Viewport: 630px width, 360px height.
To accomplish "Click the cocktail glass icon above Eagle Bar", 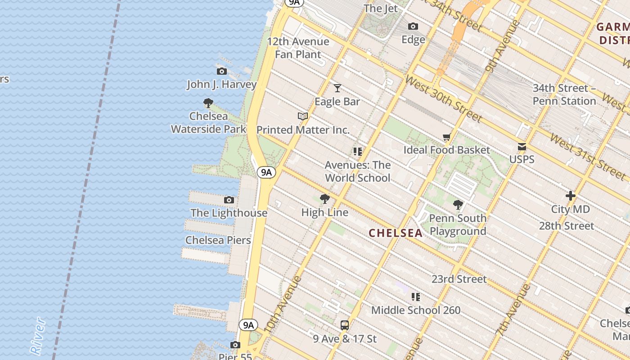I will (x=337, y=88).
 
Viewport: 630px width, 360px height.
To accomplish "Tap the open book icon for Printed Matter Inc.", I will (x=303, y=116).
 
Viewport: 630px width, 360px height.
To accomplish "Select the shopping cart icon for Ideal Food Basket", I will (x=446, y=137).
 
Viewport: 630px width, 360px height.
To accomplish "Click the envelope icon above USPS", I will (x=522, y=146).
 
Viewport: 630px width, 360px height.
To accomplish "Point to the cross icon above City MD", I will (x=571, y=196).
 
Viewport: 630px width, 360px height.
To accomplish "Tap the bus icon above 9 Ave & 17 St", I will (x=345, y=325).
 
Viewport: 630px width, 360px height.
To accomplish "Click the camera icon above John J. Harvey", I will (x=221, y=71).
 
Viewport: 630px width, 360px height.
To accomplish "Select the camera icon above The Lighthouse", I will (x=229, y=200).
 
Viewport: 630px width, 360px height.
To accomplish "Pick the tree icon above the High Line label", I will (x=324, y=199).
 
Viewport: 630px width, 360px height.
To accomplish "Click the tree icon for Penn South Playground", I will (x=458, y=205).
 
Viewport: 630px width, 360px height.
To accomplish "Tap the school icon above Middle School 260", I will (x=416, y=297).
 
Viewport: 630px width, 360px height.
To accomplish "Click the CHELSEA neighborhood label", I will (x=396, y=233).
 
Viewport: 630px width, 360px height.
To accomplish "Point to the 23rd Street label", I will (x=459, y=279).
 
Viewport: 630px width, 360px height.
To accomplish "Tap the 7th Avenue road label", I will (x=512, y=311).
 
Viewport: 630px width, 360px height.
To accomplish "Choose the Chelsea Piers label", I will (x=218, y=240).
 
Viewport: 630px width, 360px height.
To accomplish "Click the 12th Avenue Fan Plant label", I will (x=298, y=48).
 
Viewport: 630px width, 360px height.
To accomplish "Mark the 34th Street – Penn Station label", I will (x=564, y=94).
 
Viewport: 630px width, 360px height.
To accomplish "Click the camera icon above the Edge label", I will (x=413, y=27).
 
